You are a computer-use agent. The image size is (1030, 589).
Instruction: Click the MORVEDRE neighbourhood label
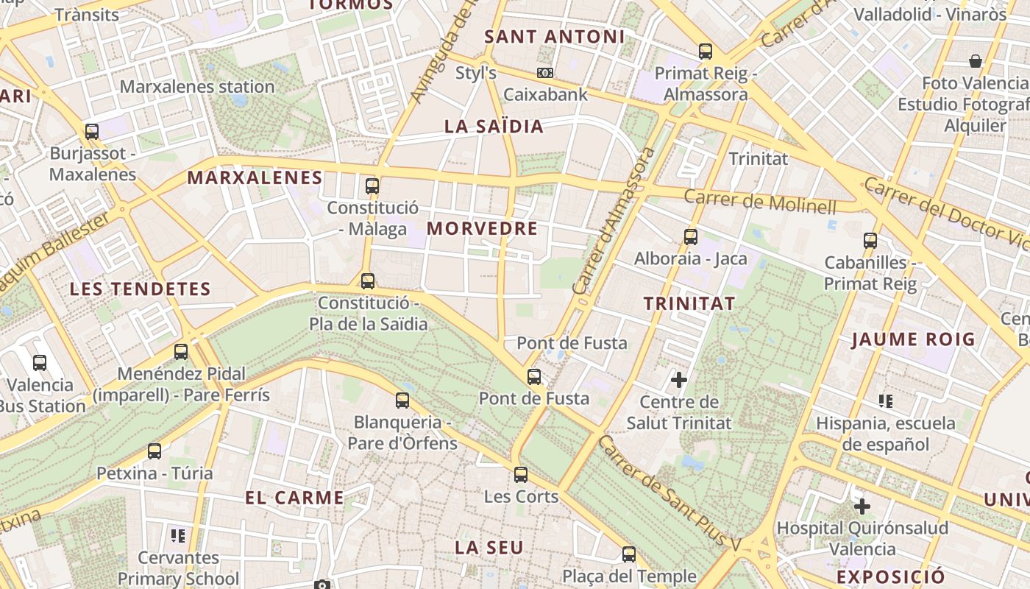[x=482, y=228]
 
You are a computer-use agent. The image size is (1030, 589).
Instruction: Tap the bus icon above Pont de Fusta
[x=534, y=377]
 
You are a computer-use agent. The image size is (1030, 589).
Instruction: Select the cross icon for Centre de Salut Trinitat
[x=678, y=380]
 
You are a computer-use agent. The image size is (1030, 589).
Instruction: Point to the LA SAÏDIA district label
[x=494, y=126]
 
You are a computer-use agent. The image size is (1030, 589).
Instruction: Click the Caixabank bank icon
[x=545, y=73]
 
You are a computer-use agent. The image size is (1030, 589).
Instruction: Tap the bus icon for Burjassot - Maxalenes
[x=92, y=132]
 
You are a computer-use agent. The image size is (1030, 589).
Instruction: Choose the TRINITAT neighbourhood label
[x=689, y=303]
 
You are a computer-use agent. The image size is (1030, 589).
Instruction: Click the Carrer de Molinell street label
[x=760, y=200]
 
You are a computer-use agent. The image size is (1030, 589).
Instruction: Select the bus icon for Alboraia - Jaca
[x=690, y=237]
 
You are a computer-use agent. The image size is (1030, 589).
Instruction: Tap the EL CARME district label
[x=294, y=498]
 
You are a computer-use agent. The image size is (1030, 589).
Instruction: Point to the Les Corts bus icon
[x=521, y=475]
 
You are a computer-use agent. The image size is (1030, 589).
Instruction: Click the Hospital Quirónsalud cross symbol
[x=862, y=507]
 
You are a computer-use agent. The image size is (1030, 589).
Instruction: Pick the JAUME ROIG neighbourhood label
[x=913, y=339]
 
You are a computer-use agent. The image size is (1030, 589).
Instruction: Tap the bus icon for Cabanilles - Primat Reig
[x=870, y=240]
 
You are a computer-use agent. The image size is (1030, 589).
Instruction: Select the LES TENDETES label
[x=140, y=289]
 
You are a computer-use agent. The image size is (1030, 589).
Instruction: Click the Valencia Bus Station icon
[x=40, y=362]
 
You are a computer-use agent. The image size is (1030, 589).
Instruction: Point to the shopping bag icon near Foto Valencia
[x=976, y=60]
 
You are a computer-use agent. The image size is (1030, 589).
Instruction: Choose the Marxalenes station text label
[x=196, y=87]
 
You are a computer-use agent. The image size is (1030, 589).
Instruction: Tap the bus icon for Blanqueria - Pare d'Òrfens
[x=402, y=401]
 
